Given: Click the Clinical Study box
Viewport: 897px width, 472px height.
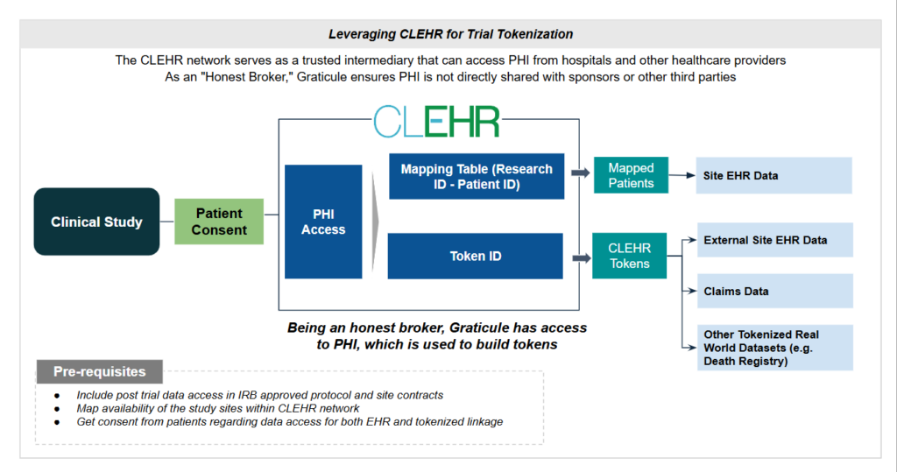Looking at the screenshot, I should click(96, 222).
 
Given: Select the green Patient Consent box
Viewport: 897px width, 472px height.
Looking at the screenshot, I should click(219, 222).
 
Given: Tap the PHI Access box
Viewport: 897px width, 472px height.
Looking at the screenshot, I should click(323, 222).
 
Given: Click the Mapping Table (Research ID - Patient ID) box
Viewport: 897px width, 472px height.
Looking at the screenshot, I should click(476, 176).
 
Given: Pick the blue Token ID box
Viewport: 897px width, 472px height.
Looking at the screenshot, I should click(476, 257).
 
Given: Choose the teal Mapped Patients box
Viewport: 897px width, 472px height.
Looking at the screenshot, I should click(631, 175).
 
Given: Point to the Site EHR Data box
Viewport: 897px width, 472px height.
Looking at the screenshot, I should click(774, 175).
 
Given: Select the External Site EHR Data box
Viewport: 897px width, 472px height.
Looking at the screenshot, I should click(774, 240).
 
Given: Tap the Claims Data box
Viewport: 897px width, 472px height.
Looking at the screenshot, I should click(774, 291).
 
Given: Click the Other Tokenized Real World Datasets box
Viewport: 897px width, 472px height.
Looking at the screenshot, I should click(774, 348).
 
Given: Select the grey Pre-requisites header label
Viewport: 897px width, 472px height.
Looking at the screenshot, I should click(99, 371).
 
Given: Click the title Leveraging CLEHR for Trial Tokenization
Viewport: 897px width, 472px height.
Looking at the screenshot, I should click(450, 34).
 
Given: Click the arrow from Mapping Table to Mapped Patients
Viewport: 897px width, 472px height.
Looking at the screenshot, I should click(579, 173).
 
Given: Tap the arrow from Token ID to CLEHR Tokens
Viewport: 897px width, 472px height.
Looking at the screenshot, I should click(579, 257).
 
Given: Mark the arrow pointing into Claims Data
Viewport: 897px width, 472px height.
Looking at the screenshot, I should click(689, 291).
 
